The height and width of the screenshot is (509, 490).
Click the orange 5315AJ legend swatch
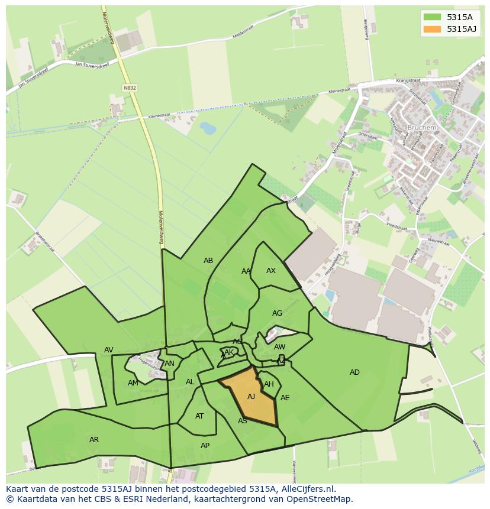433,29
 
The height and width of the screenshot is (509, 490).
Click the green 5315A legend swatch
433,17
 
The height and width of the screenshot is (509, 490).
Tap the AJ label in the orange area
251,396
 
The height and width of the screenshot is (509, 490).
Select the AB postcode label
208,261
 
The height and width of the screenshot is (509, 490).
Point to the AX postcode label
271,271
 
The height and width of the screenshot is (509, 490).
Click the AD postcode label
354,372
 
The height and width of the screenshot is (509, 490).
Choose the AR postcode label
94,440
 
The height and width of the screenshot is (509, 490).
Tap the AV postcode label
109,350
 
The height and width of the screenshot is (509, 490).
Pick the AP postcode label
205,446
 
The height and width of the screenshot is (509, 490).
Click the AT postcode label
199,416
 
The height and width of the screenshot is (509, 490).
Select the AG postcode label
277,313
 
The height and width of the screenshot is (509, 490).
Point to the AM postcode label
133,383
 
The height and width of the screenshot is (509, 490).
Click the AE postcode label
285,398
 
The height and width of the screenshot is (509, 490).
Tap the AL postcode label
190,382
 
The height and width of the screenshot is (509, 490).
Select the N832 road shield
130,87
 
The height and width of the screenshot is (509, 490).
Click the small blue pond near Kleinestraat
208,127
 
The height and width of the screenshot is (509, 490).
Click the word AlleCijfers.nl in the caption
306,489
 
